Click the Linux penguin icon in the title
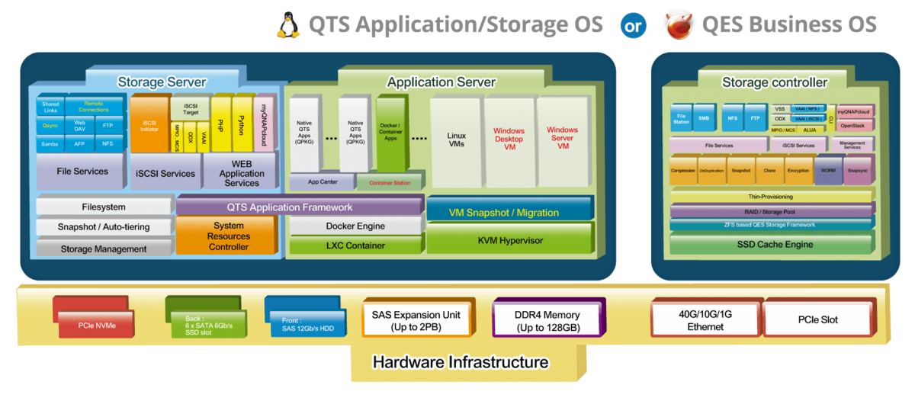(x=288, y=25)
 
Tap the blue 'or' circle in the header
(x=633, y=26)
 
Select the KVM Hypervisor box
(x=509, y=240)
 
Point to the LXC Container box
(x=355, y=245)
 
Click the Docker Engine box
(x=355, y=226)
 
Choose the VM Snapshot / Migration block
(x=509, y=212)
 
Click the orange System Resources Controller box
(x=229, y=236)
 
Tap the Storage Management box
(x=104, y=249)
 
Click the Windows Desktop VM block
(x=509, y=141)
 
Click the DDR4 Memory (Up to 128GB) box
(x=547, y=320)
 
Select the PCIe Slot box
(x=817, y=319)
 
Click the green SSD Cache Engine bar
(x=774, y=244)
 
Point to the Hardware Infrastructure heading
(x=460, y=361)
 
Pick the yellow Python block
(x=242, y=125)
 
